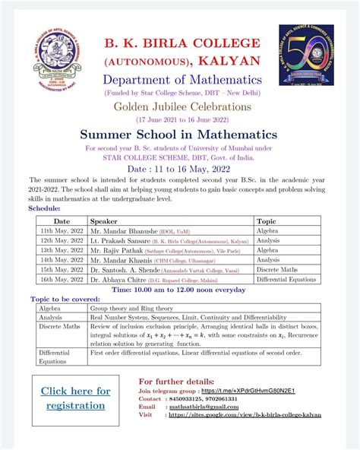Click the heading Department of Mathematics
(178, 79)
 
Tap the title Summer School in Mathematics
(178, 134)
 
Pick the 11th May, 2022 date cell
(55, 230)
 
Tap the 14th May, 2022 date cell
(55, 260)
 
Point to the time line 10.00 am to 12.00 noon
(178, 290)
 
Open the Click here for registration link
(75, 398)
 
